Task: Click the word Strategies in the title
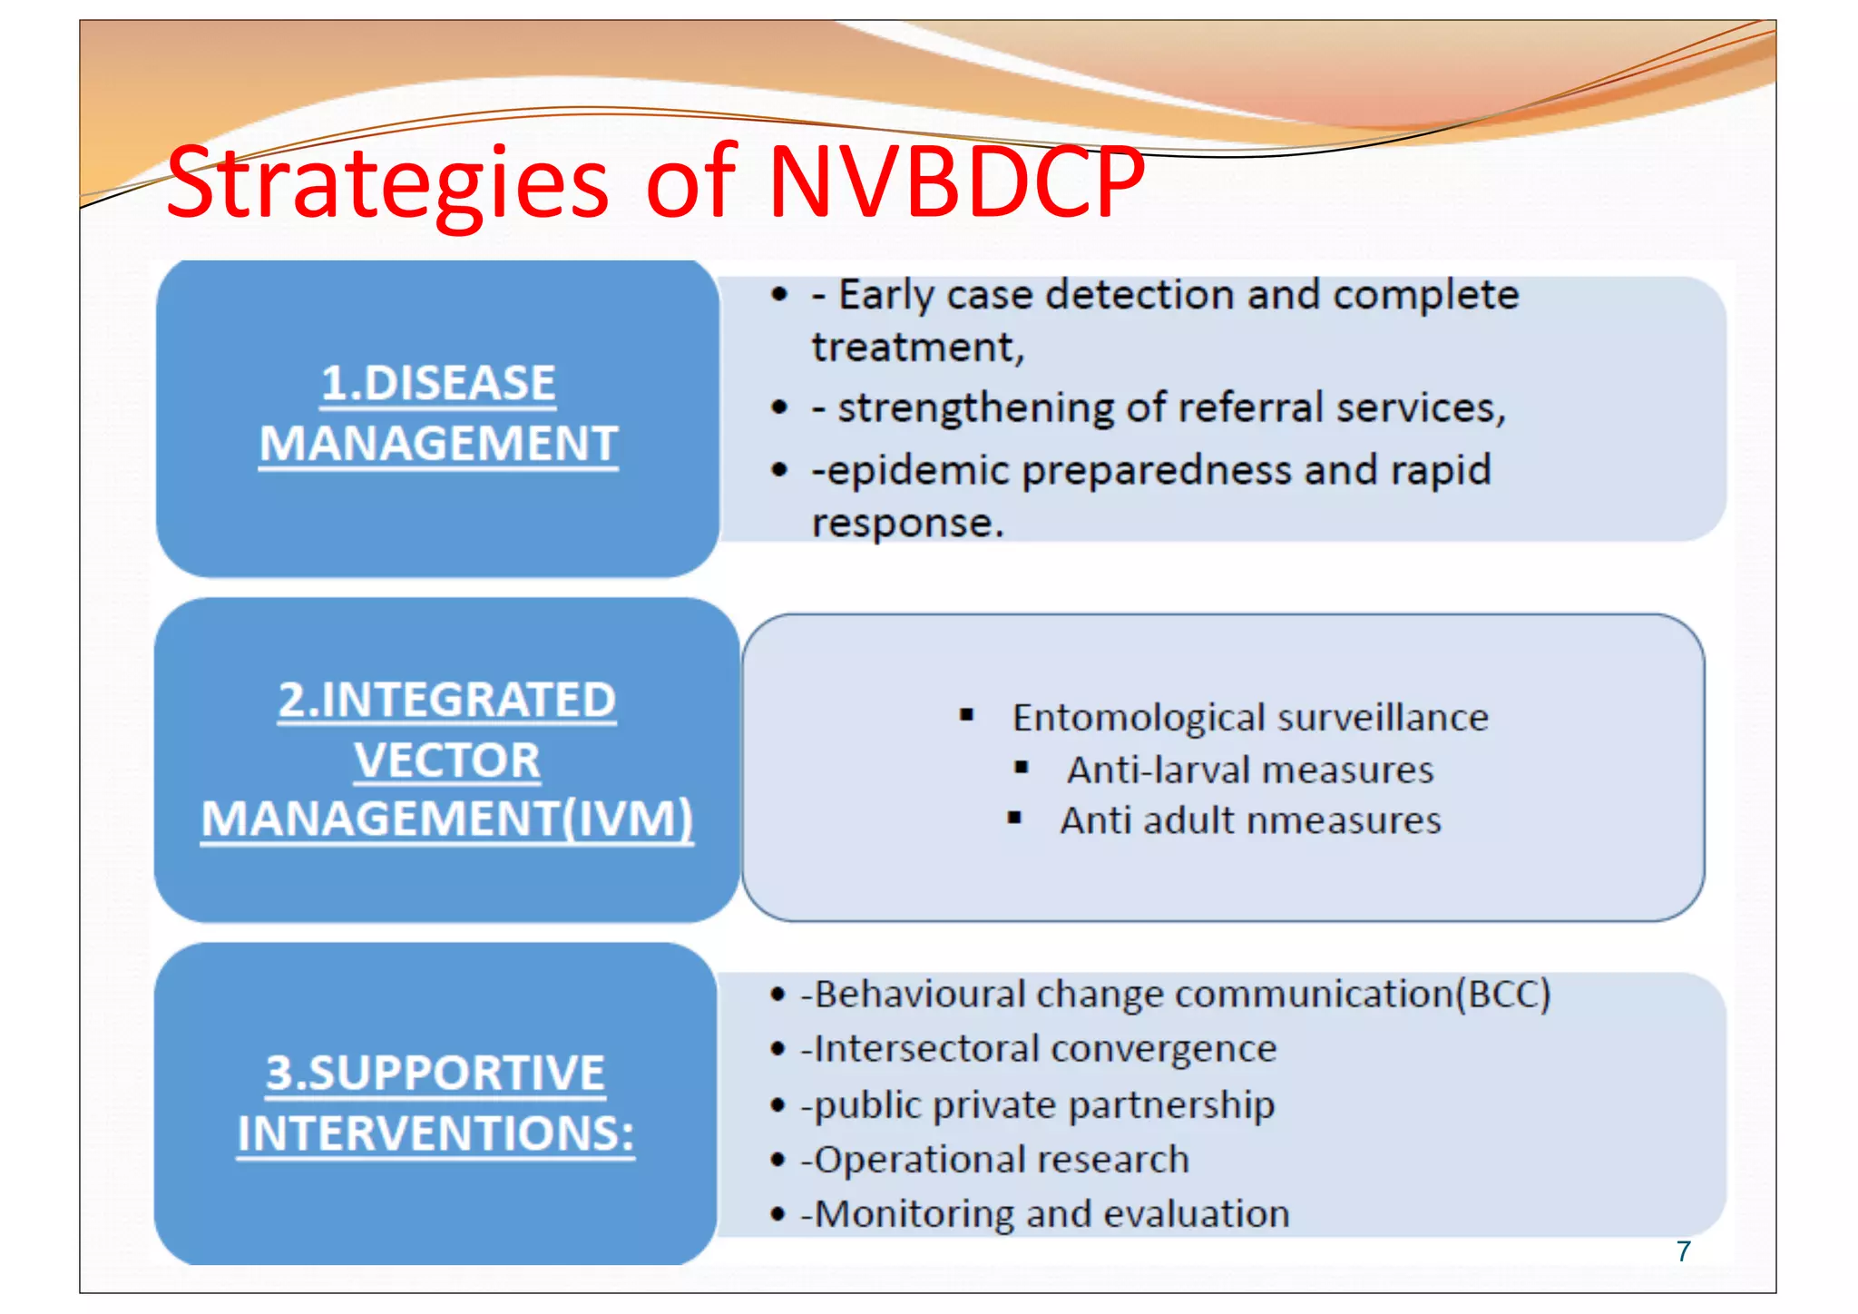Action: [x=387, y=185]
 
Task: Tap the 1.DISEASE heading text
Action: [x=438, y=383]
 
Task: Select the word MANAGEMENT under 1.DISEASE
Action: [x=438, y=444]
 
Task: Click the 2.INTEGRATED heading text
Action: [x=446, y=700]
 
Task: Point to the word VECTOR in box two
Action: [x=446, y=760]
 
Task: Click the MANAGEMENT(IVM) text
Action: [x=446, y=819]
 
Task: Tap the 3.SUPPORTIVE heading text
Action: [x=435, y=1073]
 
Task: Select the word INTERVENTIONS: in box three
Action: [x=435, y=1133]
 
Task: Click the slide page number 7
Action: [x=1684, y=1251]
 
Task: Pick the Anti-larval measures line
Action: [x=1249, y=770]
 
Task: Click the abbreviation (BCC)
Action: [x=1503, y=995]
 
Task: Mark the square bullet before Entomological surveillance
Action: [x=966, y=716]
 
